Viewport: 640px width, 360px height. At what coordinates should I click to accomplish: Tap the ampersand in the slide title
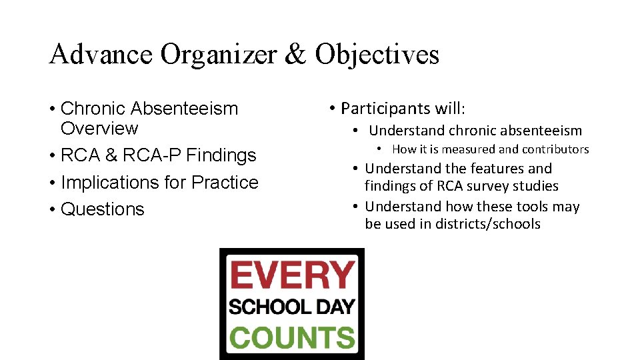pos(295,55)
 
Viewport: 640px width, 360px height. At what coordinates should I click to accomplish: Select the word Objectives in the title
pos(377,55)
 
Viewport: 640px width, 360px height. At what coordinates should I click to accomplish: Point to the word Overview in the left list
pos(99,128)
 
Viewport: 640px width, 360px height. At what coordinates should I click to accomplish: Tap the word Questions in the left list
pos(102,209)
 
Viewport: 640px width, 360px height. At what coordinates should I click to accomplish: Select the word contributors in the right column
pos(556,149)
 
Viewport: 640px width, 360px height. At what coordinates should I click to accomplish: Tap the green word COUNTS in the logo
pos(292,337)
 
